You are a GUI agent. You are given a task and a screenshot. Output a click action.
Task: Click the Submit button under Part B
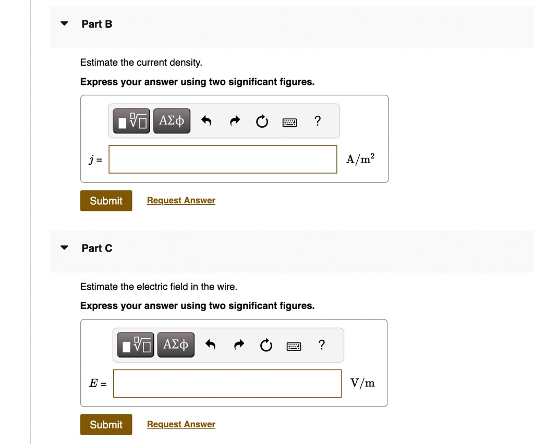click(106, 201)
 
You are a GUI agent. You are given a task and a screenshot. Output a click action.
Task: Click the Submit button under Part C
click(106, 425)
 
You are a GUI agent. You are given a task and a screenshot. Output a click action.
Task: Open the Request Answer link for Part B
click(181, 201)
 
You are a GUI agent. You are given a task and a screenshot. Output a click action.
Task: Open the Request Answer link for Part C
click(181, 424)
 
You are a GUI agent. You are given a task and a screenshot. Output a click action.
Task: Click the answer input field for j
click(223, 159)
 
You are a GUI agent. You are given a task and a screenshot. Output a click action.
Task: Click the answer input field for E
click(227, 384)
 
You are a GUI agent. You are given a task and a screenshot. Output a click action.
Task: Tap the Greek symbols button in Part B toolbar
click(172, 121)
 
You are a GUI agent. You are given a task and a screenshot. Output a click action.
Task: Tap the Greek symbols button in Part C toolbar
click(176, 344)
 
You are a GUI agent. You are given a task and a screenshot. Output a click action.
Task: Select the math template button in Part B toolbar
click(131, 121)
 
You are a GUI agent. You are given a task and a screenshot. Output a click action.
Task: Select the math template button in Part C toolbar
click(136, 344)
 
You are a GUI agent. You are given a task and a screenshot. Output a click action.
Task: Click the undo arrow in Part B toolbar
click(207, 121)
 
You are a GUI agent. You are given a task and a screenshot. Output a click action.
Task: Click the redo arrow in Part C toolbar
click(239, 344)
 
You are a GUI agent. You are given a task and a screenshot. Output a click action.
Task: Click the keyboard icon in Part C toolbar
click(294, 347)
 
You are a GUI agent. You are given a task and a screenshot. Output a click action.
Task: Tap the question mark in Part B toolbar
click(318, 121)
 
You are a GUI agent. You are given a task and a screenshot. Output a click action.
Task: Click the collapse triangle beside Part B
click(64, 23)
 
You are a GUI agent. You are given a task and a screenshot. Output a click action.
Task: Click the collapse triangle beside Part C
click(64, 248)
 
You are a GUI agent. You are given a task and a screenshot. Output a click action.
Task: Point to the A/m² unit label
click(360, 158)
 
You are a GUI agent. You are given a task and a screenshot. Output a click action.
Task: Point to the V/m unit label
click(363, 383)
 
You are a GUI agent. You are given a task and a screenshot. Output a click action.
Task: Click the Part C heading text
click(97, 248)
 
